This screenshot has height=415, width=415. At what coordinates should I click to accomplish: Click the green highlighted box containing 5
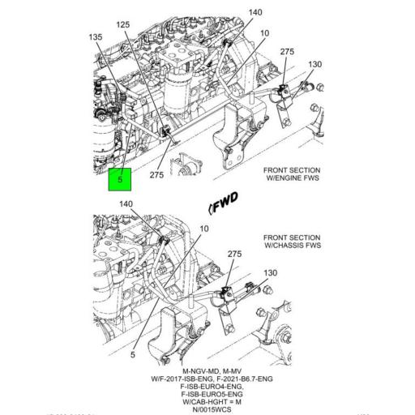120,179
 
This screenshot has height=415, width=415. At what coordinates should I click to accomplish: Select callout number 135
96,36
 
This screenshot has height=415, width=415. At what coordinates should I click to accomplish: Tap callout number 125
123,25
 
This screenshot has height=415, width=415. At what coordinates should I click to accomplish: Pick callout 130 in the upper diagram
315,64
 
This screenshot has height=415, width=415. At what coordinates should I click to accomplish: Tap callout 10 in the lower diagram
203,229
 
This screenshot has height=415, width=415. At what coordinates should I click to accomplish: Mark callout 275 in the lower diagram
234,255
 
